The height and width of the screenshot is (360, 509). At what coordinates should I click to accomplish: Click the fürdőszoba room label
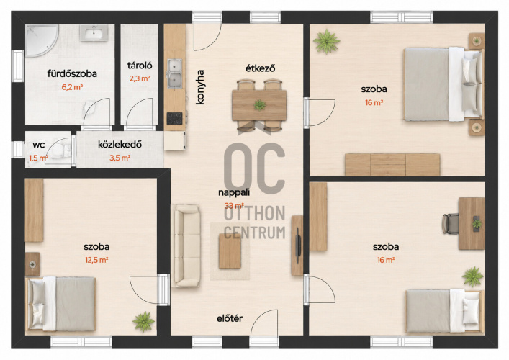tap(72, 73)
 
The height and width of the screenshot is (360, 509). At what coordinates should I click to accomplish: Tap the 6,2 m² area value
tap(72, 87)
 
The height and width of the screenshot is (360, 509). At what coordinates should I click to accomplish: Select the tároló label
tap(140, 66)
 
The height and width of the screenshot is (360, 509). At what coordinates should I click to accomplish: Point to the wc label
tap(39, 145)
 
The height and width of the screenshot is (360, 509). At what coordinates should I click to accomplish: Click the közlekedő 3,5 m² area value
tap(120, 158)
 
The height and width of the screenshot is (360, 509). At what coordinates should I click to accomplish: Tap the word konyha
tap(200, 87)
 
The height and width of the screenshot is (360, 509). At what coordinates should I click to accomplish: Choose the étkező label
tap(261, 68)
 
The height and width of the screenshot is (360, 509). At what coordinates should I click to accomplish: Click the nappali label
tap(234, 192)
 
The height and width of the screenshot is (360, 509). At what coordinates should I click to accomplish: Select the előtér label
tap(230, 318)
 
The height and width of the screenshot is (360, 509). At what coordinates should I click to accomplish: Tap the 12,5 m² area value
tap(96, 260)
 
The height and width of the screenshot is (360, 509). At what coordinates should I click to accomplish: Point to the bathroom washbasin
tap(94, 33)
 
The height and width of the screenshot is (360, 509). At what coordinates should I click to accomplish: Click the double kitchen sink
tap(175, 73)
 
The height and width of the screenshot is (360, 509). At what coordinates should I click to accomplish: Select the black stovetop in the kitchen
tap(175, 118)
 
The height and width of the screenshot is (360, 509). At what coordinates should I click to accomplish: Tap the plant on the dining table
tap(260, 105)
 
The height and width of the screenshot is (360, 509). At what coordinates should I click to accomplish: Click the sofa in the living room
tap(186, 246)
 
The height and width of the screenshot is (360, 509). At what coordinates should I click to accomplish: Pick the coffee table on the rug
tap(230, 251)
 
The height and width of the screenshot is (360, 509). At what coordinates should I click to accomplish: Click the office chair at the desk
tap(450, 223)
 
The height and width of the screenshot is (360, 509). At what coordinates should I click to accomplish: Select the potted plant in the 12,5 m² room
tap(143, 321)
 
